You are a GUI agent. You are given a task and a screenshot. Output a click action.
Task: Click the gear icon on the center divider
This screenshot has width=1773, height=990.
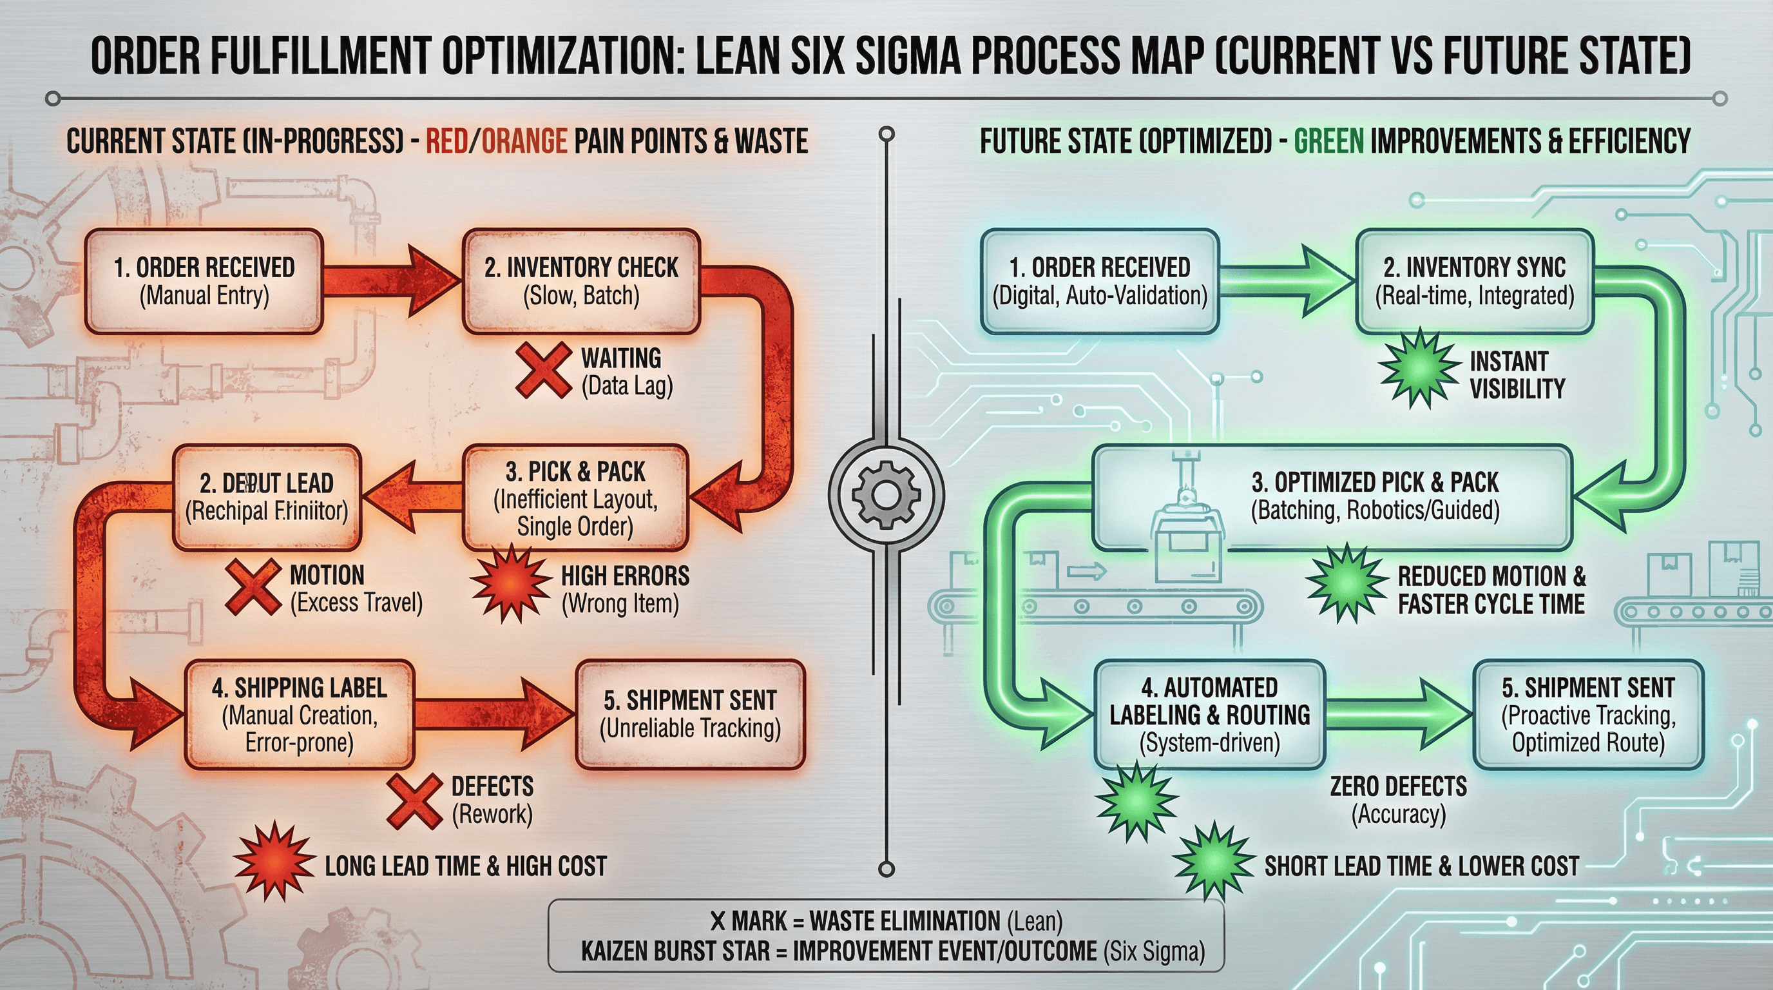[x=886, y=494]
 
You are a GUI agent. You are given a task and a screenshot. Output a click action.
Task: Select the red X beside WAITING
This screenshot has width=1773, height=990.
[x=544, y=371]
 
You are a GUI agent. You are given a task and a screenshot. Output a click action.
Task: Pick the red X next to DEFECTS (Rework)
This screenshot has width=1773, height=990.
[x=414, y=801]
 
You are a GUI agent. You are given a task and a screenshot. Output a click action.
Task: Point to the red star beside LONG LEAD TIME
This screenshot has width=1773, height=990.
[x=274, y=860]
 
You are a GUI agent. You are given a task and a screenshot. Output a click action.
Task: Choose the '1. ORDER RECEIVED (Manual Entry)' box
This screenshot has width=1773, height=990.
[x=204, y=282]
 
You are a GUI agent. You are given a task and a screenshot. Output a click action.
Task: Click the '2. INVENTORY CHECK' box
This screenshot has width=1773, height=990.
[x=582, y=282]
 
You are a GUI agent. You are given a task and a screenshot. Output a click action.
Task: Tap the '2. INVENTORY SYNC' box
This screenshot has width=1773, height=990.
[x=1474, y=282]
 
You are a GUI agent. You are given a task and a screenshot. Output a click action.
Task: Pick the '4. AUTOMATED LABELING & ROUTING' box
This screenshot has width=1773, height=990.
[x=1209, y=714]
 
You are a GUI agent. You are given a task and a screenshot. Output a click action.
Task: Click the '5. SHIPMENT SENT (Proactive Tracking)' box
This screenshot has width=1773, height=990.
[x=1588, y=714]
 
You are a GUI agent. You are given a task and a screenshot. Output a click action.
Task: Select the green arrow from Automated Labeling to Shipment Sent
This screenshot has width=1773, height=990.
[x=1397, y=714]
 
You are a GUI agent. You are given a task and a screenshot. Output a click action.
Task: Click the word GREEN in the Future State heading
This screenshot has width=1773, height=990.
[x=1328, y=141]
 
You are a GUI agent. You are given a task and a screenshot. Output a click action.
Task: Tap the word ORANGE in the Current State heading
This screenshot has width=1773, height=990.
[x=524, y=141]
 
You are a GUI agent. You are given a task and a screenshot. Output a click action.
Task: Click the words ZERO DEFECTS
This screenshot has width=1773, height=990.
[x=1398, y=786]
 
